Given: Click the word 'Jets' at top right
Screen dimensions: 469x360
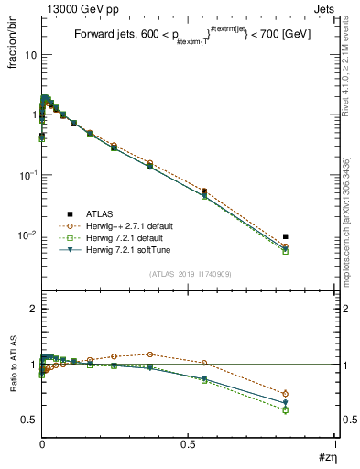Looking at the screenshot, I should point(325,8).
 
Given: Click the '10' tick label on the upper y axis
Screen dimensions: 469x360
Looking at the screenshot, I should point(28,55).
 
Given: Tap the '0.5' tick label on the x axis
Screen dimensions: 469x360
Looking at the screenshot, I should point(188,445).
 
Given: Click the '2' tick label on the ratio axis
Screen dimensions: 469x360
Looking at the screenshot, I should point(33,310).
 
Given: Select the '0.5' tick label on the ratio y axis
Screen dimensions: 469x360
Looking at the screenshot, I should point(28,420).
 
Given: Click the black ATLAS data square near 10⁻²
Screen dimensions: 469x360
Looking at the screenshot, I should point(286,236).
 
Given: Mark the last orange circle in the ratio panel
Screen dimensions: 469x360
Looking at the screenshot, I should point(286,394).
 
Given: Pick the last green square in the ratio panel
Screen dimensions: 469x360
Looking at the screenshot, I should point(286,410).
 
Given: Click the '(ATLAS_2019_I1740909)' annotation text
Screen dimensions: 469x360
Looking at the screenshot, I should point(189,274).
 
